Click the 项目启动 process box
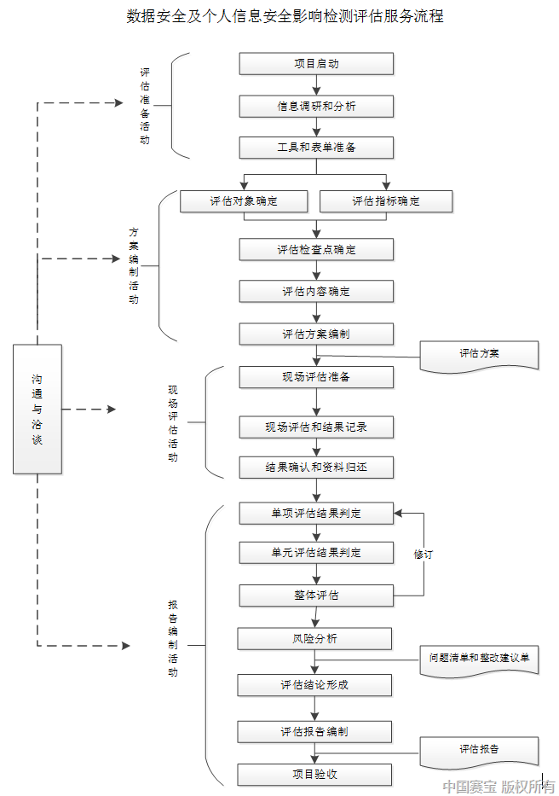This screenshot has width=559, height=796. pyautogui.click(x=316, y=64)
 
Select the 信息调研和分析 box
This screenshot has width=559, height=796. pyautogui.click(x=316, y=106)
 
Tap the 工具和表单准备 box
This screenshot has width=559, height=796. pyautogui.click(x=316, y=148)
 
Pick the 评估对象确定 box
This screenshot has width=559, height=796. pyautogui.click(x=244, y=201)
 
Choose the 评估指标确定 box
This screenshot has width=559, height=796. pyautogui.click(x=386, y=201)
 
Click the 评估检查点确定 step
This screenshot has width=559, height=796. pyautogui.click(x=316, y=249)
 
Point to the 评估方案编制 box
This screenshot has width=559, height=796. pyautogui.click(x=316, y=334)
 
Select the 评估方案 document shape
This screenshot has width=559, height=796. pyautogui.click(x=480, y=354)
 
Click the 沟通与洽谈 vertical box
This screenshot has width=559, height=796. pyautogui.click(x=37, y=409)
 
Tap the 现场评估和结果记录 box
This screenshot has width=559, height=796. pyautogui.click(x=316, y=426)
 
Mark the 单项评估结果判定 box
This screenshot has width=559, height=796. pyautogui.click(x=316, y=513)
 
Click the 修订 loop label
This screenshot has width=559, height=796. pyautogui.click(x=424, y=554)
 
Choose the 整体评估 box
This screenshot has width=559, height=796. pyautogui.click(x=316, y=595)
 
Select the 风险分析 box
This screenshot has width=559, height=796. pyautogui.click(x=314, y=638)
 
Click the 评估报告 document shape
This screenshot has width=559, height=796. pyautogui.click(x=479, y=750)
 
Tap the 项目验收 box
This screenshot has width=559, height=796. pyautogui.click(x=314, y=774)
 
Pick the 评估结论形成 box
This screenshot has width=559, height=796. pyautogui.click(x=314, y=684)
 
